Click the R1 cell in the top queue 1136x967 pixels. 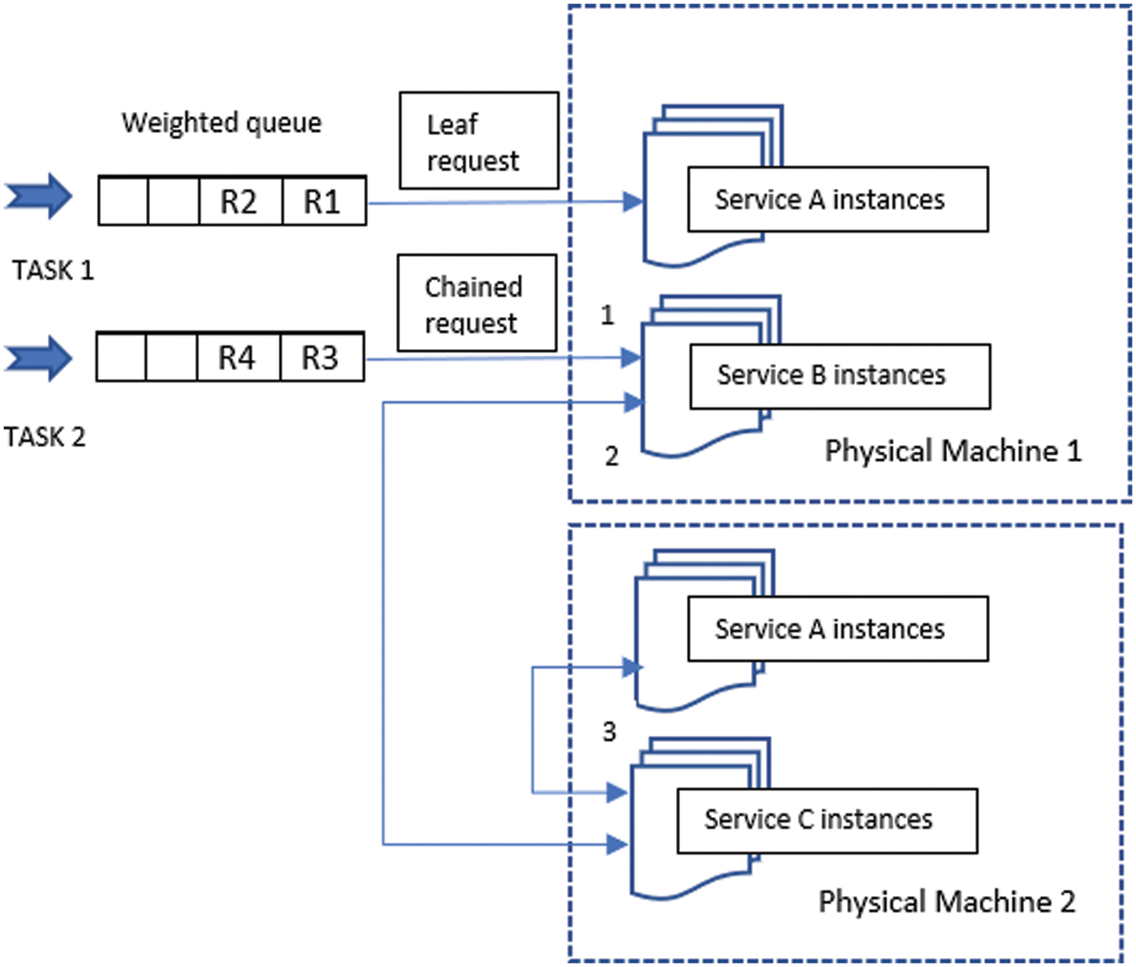323,201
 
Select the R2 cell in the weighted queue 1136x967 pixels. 240,201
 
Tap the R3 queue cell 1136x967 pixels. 321,357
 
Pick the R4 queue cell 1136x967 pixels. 238,357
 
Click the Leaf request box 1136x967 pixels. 479,141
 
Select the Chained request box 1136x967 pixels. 476,304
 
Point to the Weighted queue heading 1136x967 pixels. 222,123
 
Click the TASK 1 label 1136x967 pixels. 53,270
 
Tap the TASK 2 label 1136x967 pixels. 45,437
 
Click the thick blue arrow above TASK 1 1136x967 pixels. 38,195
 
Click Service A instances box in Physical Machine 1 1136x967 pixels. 837,199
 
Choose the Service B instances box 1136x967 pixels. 840,375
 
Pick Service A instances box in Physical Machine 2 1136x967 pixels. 837,629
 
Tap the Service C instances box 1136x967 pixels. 827,820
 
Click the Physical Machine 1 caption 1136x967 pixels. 952,451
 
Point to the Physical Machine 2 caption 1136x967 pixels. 946,902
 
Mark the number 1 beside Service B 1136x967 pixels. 607,315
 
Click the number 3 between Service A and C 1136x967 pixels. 609,732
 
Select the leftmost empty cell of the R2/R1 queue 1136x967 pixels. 124,201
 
